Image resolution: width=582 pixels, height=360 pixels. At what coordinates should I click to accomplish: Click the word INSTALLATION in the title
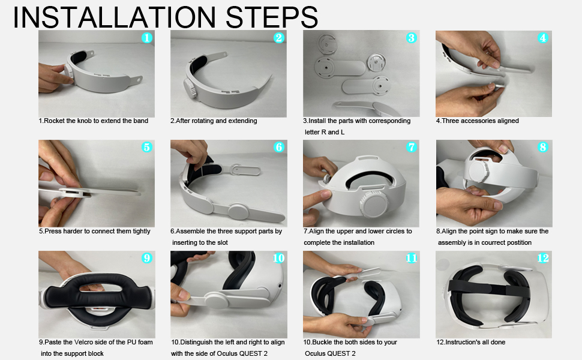coord(115,17)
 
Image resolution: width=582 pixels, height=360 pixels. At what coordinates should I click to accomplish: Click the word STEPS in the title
coord(272,17)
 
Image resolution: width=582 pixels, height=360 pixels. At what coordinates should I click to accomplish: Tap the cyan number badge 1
coord(147,37)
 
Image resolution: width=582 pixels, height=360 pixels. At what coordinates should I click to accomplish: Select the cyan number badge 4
coord(543,37)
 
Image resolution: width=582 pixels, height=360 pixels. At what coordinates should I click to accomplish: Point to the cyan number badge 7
coord(411,147)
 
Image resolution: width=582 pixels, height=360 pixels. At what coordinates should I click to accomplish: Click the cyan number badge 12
coord(542,258)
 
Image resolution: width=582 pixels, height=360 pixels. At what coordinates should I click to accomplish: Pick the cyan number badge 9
coord(147,258)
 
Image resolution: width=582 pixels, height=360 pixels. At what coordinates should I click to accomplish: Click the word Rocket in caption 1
coord(55,121)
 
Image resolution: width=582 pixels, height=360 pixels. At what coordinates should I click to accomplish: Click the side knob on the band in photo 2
coord(190,89)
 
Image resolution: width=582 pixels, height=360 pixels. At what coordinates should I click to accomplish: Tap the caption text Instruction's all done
coord(471,342)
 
